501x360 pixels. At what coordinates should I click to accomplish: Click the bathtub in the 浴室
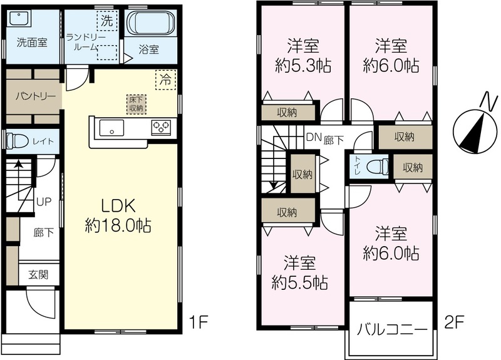click(151, 23)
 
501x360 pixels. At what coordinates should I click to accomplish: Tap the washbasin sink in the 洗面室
click(19, 18)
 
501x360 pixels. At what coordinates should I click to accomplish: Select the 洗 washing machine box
click(107, 21)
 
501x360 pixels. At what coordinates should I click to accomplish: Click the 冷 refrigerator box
click(165, 80)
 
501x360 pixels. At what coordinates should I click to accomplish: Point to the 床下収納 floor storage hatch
click(136, 104)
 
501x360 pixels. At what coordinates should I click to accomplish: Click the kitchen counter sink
click(111, 128)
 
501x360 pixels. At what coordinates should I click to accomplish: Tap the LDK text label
click(118, 206)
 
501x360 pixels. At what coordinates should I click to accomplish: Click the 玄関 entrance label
click(39, 274)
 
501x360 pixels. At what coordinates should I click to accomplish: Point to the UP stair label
click(44, 202)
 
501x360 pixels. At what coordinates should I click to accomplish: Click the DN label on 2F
click(314, 137)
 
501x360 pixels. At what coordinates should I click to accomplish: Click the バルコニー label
click(392, 330)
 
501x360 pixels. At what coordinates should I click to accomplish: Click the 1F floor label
click(199, 322)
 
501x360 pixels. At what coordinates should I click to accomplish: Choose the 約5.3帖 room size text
click(303, 66)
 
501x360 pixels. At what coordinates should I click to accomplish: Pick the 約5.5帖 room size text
click(300, 282)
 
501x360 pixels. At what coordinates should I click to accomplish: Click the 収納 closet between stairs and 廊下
click(302, 174)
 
